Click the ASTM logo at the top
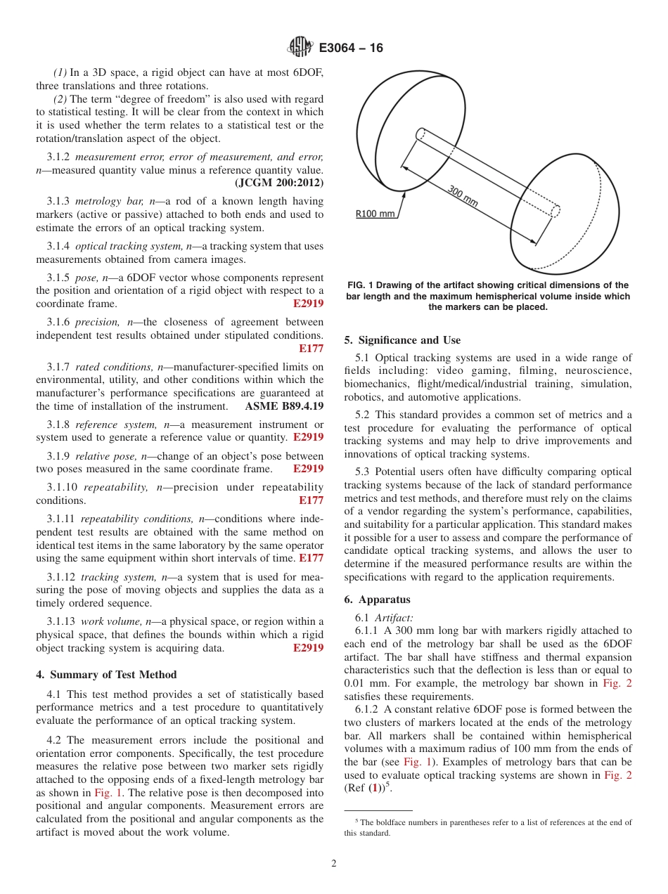pyautogui.click(x=301, y=48)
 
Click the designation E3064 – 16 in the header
pyautogui.click(x=351, y=48)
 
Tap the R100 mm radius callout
pyautogui.click(x=375, y=214)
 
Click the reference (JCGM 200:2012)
pyautogui.click(x=278, y=183)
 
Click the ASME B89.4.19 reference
pyautogui.click(x=284, y=406)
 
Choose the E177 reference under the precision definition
pyautogui.click(x=311, y=348)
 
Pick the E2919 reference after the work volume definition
pyautogui.click(x=308, y=648)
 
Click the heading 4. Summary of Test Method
pyautogui.click(x=106, y=675)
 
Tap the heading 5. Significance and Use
pyautogui.click(x=402, y=340)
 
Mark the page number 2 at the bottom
pyautogui.click(x=334, y=864)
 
